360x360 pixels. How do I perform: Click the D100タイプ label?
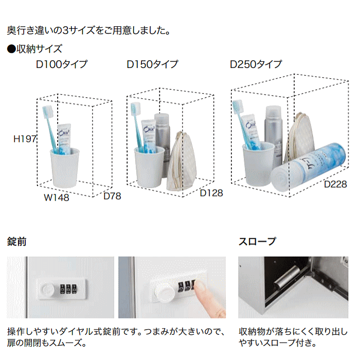61,65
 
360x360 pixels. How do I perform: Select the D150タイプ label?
152,65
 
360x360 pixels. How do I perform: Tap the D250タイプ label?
256,65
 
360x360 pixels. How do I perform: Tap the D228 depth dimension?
335,184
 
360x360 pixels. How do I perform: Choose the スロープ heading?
257,242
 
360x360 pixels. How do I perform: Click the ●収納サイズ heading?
34,49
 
